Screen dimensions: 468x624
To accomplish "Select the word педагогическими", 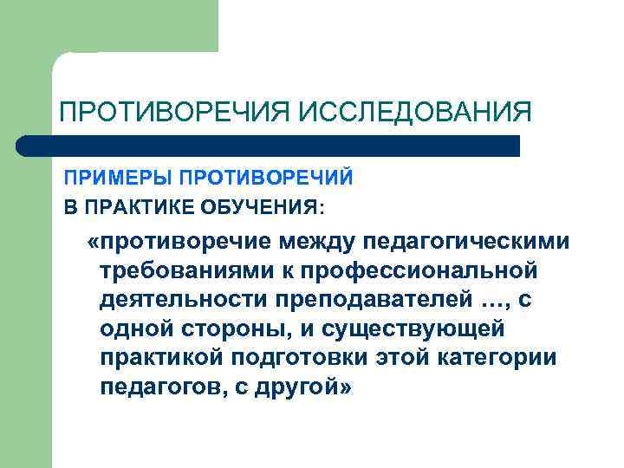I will point(469,241).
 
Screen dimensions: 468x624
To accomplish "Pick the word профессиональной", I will point(415,270).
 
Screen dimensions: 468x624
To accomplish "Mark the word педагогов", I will point(160,388).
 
